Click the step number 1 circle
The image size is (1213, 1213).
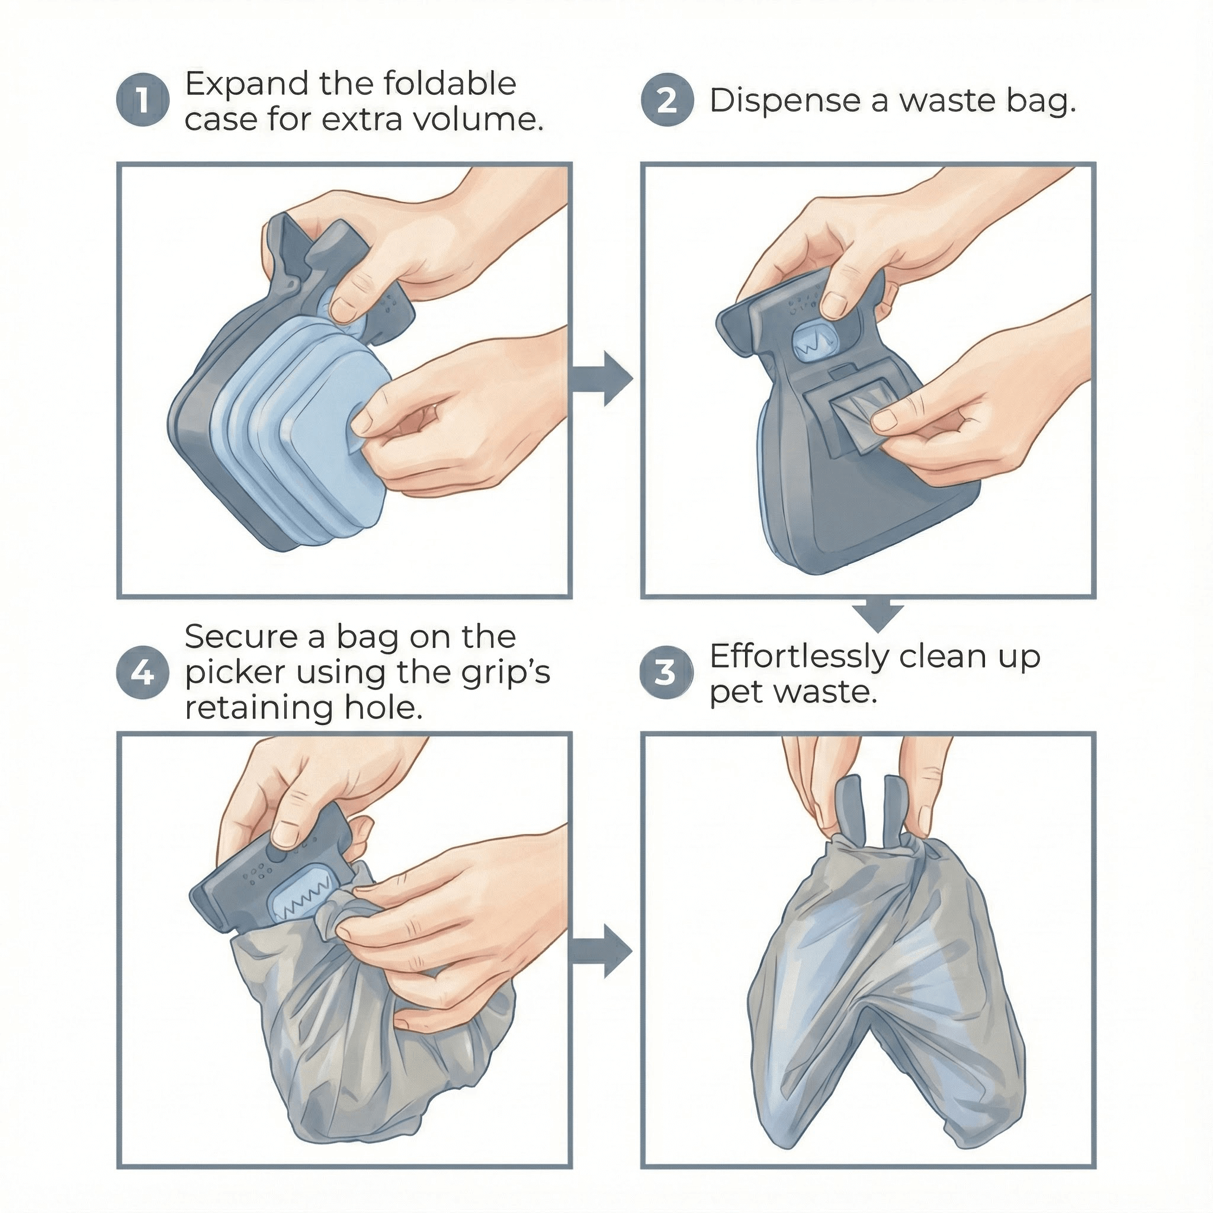coord(143,101)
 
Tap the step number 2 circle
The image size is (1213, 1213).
coord(667,101)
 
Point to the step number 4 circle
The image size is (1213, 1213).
coord(143,673)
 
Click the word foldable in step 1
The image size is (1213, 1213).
coord(450,84)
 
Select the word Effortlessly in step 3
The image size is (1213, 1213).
coord(799,657)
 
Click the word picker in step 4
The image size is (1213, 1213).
coord(236,673)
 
